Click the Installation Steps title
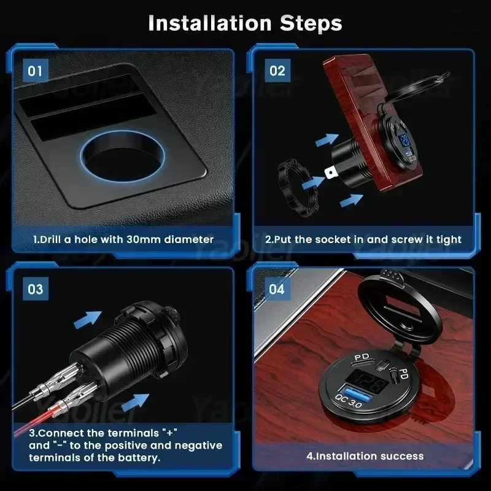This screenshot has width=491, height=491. (245, 23)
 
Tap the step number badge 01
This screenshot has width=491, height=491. (35, 71)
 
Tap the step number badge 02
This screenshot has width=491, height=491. (277, 71)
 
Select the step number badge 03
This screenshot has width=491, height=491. (35, 288)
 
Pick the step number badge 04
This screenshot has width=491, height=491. (277, 288)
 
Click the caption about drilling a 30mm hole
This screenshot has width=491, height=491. (123, 239)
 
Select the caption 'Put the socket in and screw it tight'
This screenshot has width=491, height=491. (363, 239)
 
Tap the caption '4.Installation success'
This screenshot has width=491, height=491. (365, 456)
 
